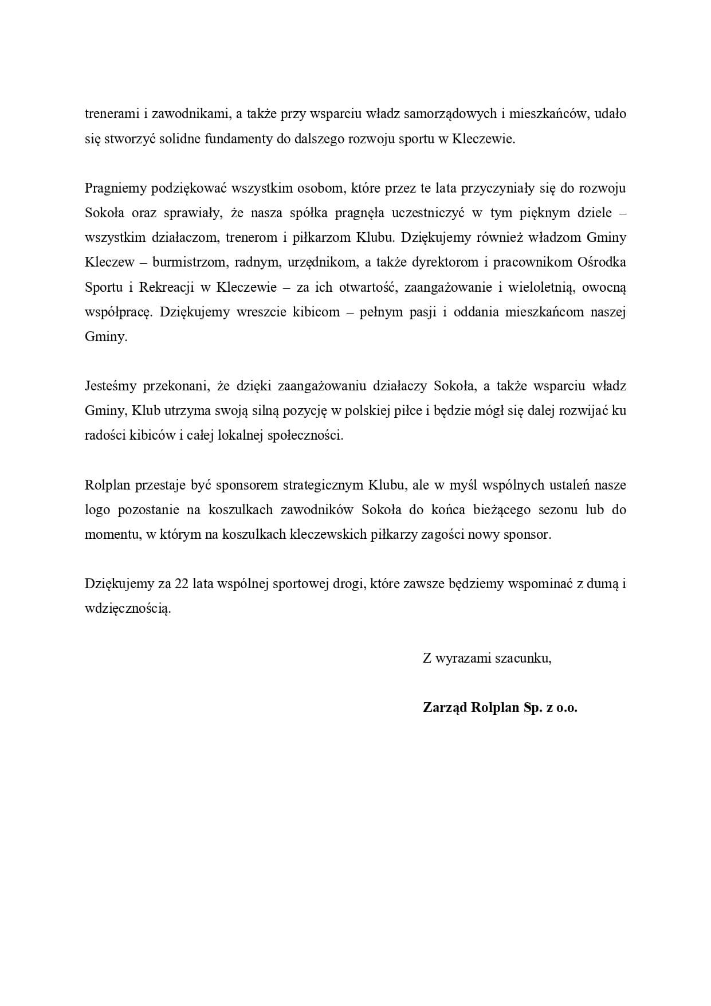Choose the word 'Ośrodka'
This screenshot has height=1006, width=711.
[x=603, y=263]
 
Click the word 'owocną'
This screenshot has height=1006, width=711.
[x=604, y=287]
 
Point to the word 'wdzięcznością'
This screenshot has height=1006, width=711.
[x=128, y=609]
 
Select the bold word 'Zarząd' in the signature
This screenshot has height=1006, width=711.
[x=445, y=707]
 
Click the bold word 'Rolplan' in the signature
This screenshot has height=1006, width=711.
[x=494, y=707]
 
